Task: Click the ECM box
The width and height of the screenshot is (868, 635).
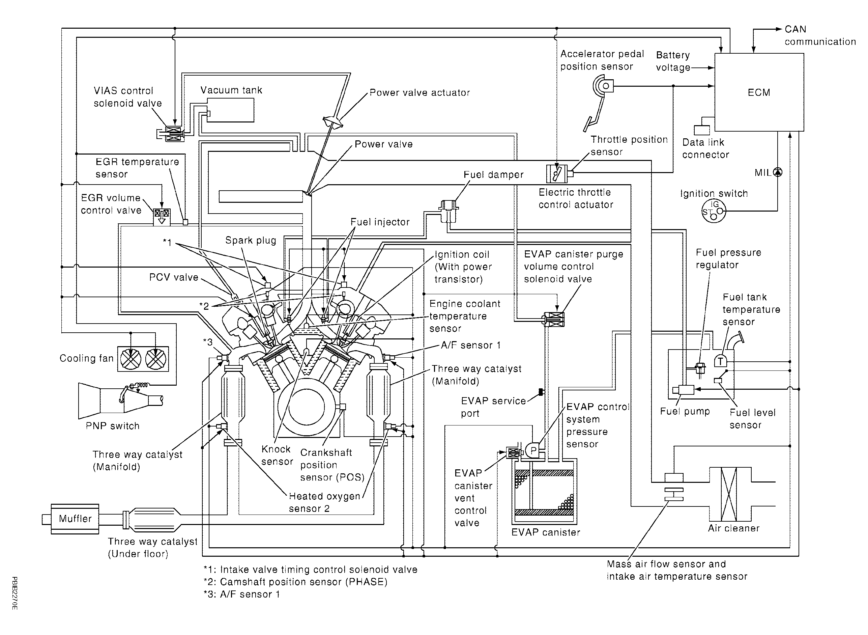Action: click(758, 92)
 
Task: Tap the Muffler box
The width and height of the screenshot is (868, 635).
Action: click(75, 519)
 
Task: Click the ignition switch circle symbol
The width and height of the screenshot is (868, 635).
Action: click(714, 211)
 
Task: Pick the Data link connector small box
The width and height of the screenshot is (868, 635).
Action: click(702, 130)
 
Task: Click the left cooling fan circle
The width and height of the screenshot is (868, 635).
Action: click(131, 359)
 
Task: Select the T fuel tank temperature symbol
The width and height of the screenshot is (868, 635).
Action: click(721, 361)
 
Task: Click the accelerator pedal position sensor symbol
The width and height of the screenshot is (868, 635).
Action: click(603, 86)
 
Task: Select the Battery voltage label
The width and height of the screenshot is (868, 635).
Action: click(673, 61)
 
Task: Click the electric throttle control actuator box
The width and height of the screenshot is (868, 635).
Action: click(556, 174)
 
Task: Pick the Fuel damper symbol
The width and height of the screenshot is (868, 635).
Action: click(449, 211)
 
